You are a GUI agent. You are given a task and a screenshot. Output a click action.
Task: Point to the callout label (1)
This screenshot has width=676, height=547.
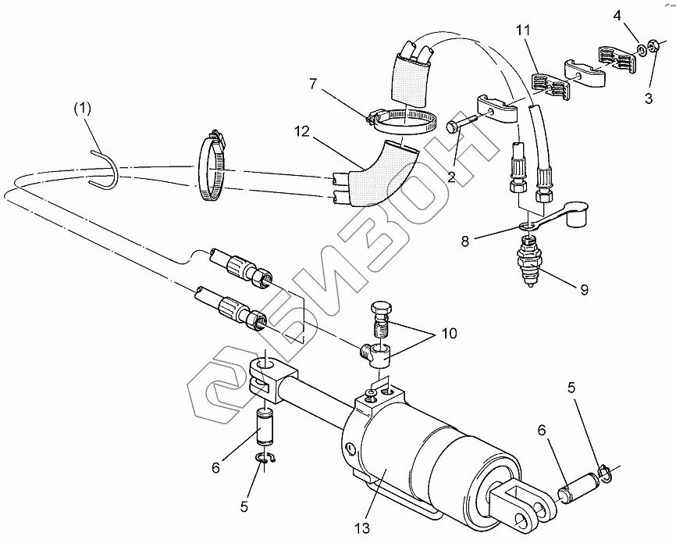click(x=83, y=109)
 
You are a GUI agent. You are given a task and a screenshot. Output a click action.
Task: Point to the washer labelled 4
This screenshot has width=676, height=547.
click(x=641, y=49)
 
